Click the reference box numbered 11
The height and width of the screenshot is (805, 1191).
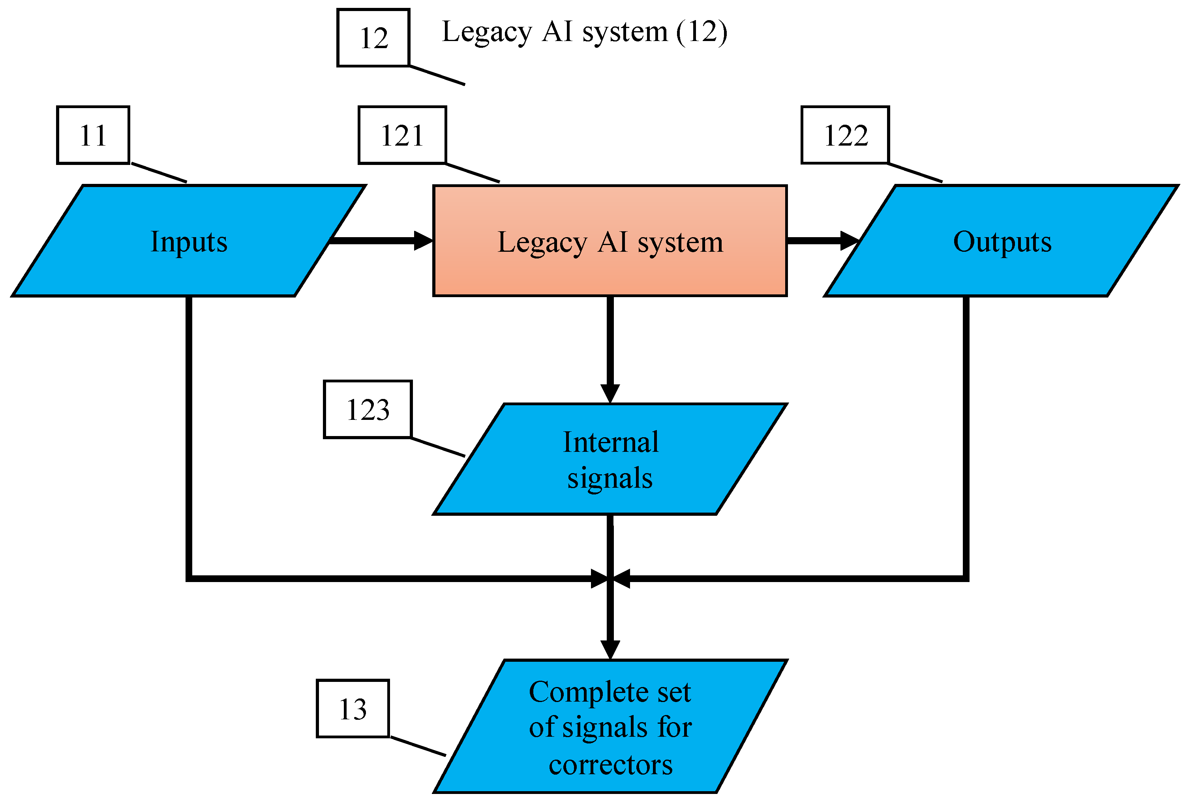click(93, 135)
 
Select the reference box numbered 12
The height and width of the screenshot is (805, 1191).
click(373, 38)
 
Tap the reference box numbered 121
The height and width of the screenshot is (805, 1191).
click(402, 135)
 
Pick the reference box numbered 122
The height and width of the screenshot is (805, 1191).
click(845, 135)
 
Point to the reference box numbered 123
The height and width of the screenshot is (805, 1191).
click(368, 410)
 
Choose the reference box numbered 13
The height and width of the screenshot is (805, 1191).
click(353, 709)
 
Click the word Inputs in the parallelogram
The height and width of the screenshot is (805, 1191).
click(189, 241)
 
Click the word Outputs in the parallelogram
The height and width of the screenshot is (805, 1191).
click(1002, 241)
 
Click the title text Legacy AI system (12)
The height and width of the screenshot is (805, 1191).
click(584, 32)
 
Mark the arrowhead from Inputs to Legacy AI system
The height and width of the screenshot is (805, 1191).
click(423, 240)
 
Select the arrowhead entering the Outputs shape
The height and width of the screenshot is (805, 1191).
click(849, 240)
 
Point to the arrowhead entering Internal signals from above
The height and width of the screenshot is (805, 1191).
click(610, 393)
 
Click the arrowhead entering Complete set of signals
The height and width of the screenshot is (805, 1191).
click(610, 649)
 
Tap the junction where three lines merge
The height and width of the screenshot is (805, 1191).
click(610, 578)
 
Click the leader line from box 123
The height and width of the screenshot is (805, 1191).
click(438, 447)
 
